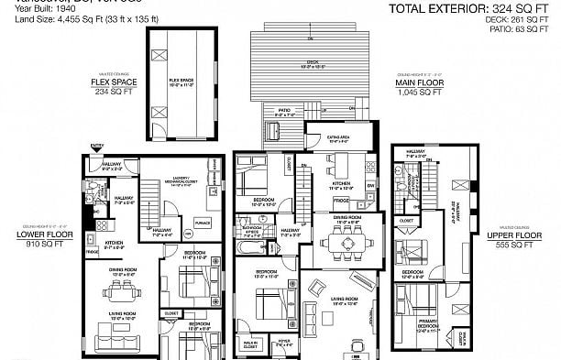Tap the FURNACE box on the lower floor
pos(203,222)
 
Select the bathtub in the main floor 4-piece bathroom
pos(249,248)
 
